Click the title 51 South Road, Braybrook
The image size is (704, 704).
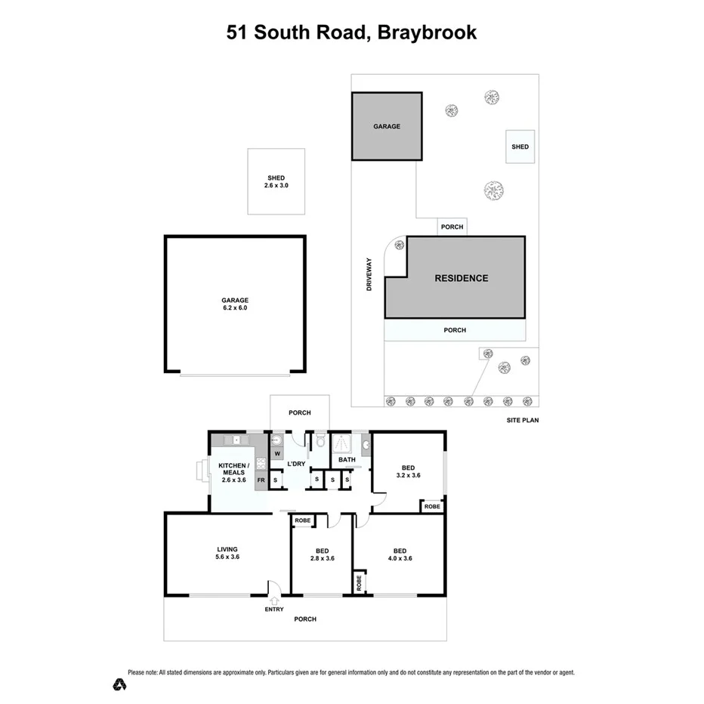[x=351, y=33]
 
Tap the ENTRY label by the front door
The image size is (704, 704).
[x=274, y=609]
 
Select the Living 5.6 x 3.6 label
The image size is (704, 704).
[x=227, y=553]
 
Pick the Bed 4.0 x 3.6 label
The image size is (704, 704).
[x=400, y=554]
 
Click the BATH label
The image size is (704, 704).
[x=347, y=459]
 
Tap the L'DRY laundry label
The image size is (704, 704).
[x=296, y=463]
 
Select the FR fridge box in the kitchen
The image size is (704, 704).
[x=261, y=480]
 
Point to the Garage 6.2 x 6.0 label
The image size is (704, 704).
[x=235, y=304]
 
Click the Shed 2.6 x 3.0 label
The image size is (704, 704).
[x=276, y=181]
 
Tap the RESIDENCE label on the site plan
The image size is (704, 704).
[x=461, y=278]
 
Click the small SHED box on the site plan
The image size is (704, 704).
[x=520, y=147]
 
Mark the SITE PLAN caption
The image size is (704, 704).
[x=523, y=420]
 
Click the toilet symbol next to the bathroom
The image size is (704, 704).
[x=320, y=441]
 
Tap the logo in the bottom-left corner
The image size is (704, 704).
[x=119, y=684]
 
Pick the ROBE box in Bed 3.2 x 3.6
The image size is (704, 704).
[x=432, y=507]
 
